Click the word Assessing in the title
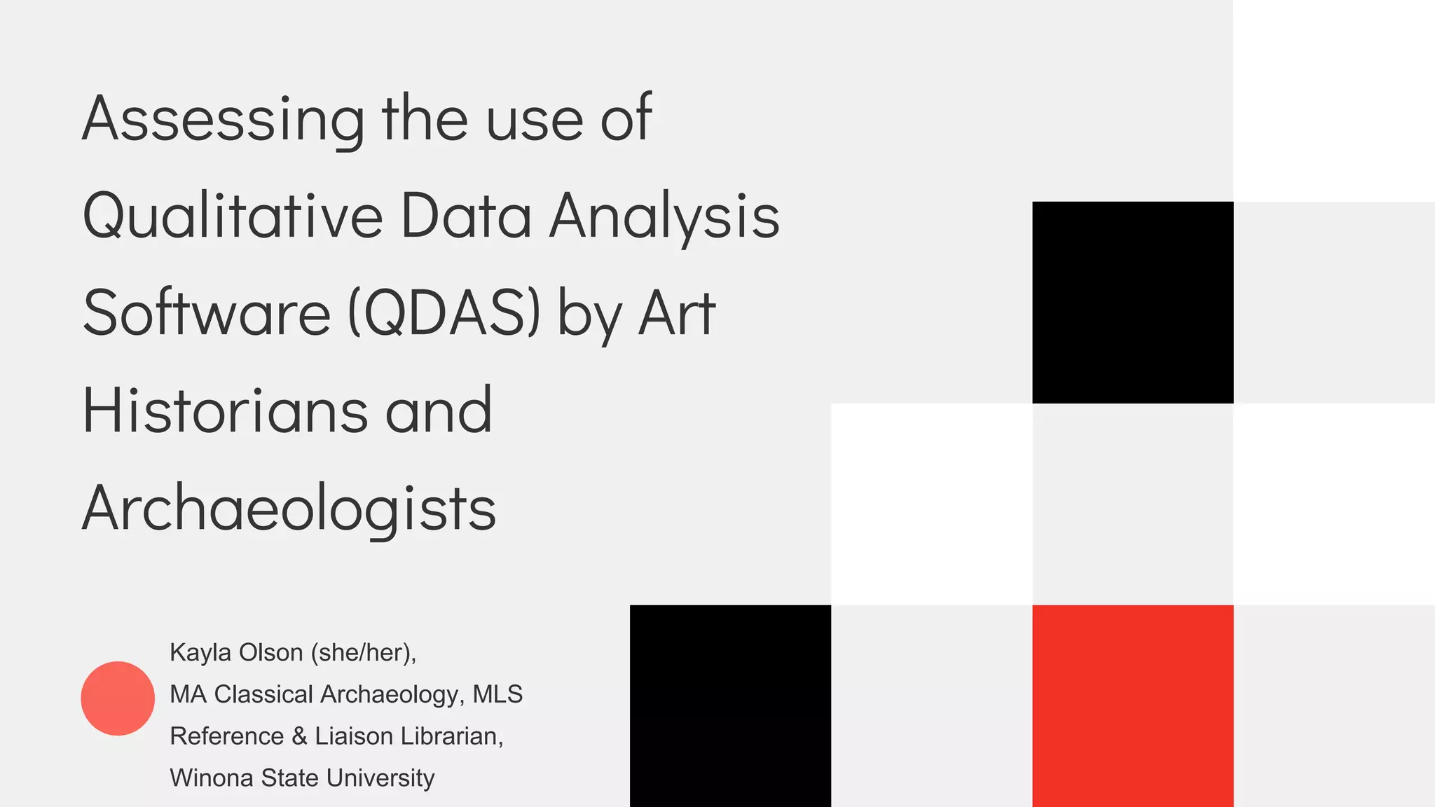(223, 119)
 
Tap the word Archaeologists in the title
(289, 508)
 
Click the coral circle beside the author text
(118, 698)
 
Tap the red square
(1132, 705)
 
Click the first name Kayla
(200, 653)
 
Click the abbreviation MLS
(497, 694)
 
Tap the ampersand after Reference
(299, 736)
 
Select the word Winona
(211, 778)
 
